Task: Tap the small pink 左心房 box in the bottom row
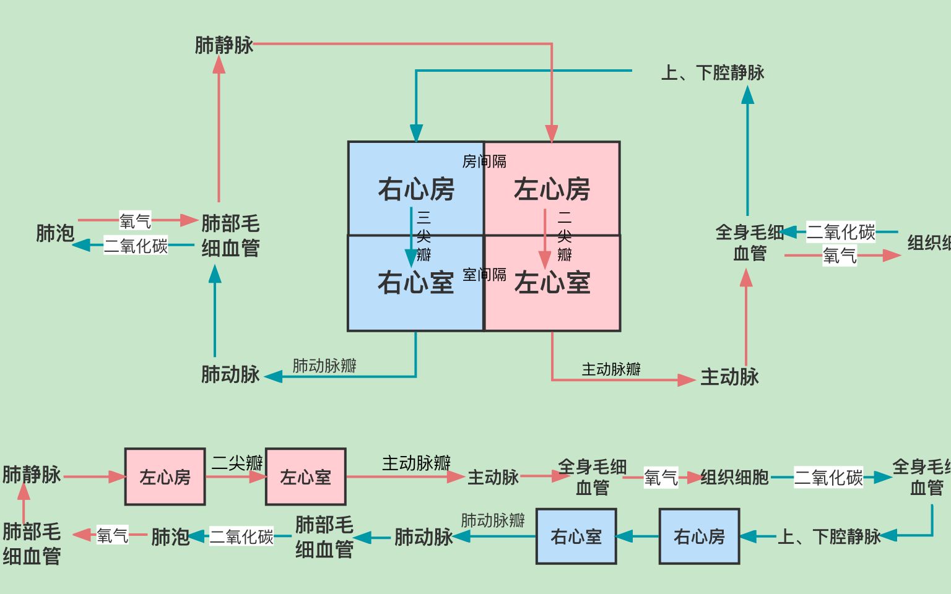pos(165,477)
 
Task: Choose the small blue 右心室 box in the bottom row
pos(576,536)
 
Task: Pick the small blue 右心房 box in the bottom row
pos(699,536)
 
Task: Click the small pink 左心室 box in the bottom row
pos(305,477)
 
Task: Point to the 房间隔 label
pos(484,161)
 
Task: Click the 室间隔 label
pos(484,275)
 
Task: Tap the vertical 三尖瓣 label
pos(423,236)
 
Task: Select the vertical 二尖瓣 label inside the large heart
pos(564,236)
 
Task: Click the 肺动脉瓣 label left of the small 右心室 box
pos(493,520)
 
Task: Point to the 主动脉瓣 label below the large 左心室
pos(611,369)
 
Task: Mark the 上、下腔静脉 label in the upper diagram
pos(713,73)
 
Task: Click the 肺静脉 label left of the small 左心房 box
pos(32,475)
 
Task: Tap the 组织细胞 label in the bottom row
pos(734,477)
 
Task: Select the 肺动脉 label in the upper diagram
pos(230,374)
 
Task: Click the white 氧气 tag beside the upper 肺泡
pos(135,221)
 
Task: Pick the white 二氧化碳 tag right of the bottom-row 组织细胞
pos(828,477)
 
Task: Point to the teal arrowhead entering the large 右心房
pos(416,133)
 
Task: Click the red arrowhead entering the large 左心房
pos(552,133)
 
